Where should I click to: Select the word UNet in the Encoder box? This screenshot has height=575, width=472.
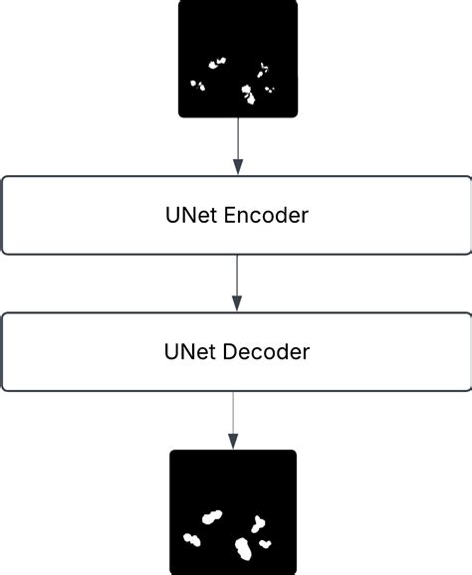pyautogui.click(x=184, y=214)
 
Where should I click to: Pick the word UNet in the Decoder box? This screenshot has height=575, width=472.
pyautogui.click(x=184, y=351)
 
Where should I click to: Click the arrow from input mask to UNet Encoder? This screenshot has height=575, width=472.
pyautogui.click(x=237, y=144)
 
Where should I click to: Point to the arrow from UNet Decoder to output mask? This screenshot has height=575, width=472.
pyautogui.click(x=233, y=418)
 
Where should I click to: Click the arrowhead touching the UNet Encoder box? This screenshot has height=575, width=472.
pyautogui.click(x=237, y=168)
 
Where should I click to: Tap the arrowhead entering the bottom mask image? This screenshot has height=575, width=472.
pyautogui.click(x=233, y=442)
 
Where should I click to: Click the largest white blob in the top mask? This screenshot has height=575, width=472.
pyautogui.click(x=247, y=94)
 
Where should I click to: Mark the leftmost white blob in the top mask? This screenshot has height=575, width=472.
pyautogui.click(x=198, y=86)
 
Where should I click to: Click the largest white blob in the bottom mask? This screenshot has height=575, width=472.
pyautogui.click(x=242, y=548)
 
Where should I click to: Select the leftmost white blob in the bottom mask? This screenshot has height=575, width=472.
pyautogui.click(x=193, y=541)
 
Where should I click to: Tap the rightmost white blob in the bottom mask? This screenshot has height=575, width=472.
pyautogui.click(x=266, y=543)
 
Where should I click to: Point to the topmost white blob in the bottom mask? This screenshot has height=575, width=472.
pyautogui.click(x=211, y=516)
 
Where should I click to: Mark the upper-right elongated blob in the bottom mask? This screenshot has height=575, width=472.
pyautogui.click(x=259, y=523)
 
